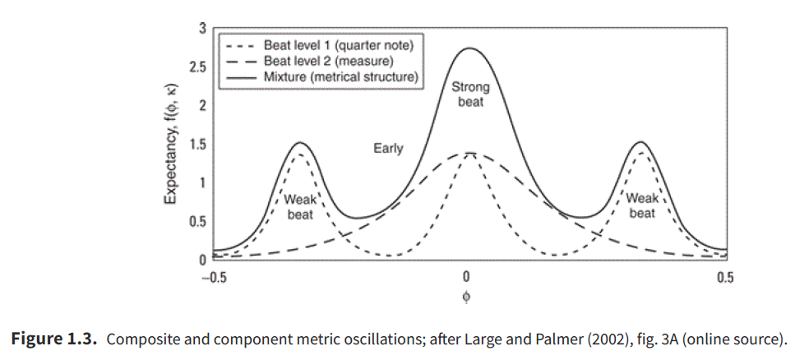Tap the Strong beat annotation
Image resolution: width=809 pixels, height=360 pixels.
(x=470, y=95)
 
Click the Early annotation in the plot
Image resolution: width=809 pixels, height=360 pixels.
(x=388, y=149)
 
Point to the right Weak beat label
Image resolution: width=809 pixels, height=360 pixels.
(x=641, y=205)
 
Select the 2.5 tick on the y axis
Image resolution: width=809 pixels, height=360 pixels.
(x=198, y=67)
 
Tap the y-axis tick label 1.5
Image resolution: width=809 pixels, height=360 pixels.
(x=198, y=145)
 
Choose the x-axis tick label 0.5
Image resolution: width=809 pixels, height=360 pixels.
(x=724, y=277)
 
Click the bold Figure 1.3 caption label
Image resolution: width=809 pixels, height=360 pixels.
(x=54, y=337)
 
